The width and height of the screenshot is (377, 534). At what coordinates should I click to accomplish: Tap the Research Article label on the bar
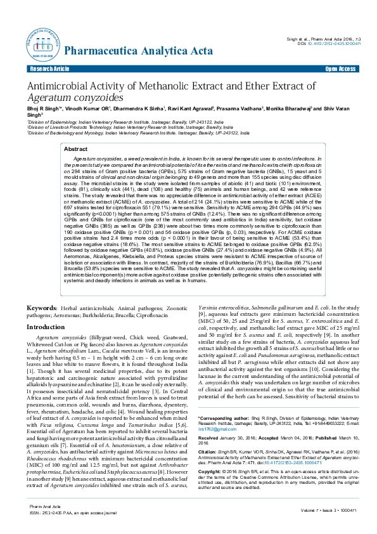click(x=44, y=68)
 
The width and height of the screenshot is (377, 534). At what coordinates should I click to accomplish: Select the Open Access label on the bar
click(x=340, y=68)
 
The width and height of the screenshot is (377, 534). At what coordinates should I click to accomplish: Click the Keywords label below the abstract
click(x=42, y=308)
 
